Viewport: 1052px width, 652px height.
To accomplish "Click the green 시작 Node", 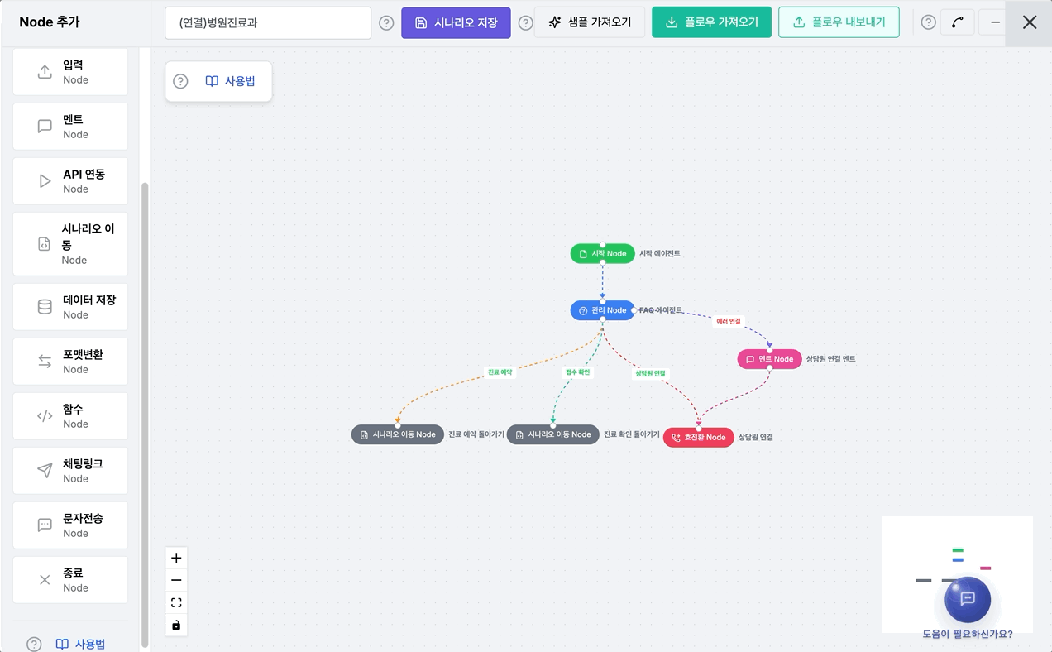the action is coord(603,254).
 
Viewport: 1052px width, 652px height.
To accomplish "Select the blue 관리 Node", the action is coord(603,310).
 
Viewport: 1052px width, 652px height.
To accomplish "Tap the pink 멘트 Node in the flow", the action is coord(769,359).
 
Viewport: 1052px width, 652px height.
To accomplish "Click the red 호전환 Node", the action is coord(698,438).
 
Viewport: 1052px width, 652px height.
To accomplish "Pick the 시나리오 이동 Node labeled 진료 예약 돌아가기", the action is coord(397,434).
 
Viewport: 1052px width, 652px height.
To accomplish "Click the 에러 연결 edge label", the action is coord(729,321).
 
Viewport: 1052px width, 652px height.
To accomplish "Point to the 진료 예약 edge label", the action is coord(500,372).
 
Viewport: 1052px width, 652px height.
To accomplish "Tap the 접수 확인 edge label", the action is coord(577,372).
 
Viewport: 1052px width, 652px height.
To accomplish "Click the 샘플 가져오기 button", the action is coord(590,22).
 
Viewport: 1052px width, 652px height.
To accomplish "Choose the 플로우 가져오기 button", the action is coord(711,22).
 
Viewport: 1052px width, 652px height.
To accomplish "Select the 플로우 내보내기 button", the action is coord(839,22).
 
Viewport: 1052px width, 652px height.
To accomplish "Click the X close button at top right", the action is coord(1030,22).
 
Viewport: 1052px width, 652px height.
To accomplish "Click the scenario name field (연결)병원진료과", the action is coord(268,22).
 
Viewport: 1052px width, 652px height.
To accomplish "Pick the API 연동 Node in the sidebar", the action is coord(70,181).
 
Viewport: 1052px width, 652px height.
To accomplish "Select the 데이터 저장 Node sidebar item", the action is coord(70,307).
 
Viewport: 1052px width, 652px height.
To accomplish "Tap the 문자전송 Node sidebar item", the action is coord(70,525).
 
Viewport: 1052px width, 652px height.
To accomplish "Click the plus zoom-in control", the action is coord(176,558).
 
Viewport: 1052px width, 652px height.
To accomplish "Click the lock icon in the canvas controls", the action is coord(176,625).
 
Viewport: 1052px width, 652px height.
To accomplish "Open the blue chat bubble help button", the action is coord(968,599).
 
